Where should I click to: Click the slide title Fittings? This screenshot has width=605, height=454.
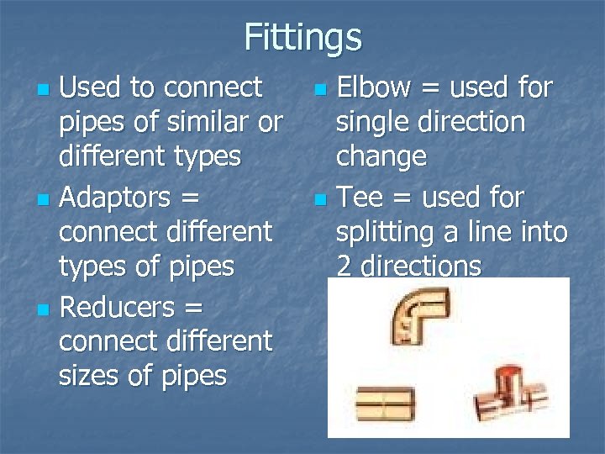(302, 38)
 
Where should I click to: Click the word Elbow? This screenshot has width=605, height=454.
(373, 87)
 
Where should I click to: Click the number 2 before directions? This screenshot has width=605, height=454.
(344, 267)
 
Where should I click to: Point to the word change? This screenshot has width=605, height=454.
(381, 157)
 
